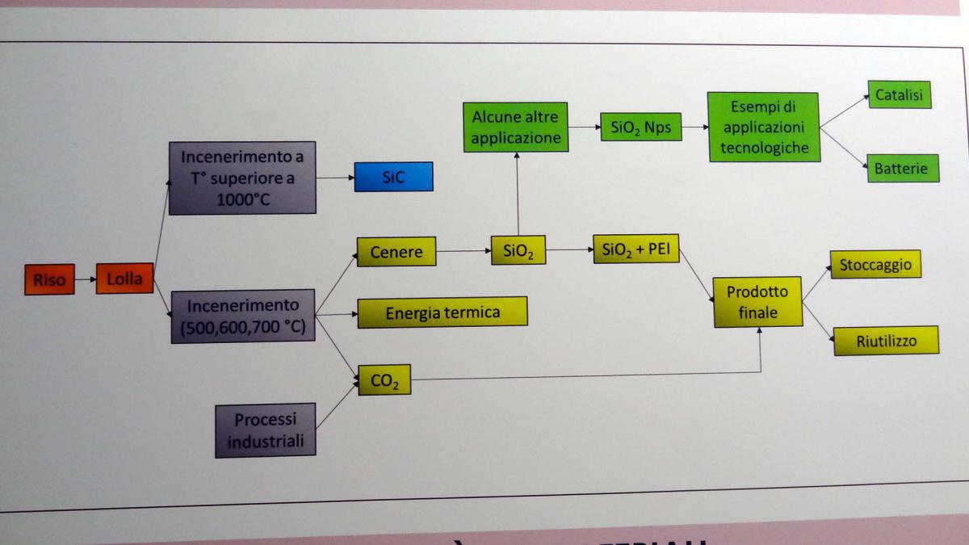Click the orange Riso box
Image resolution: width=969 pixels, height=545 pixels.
pos(49,280)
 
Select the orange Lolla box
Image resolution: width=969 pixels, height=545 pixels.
pos(124,279)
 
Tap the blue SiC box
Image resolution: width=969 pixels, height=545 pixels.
pos(393,177)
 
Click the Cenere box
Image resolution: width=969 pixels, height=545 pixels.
pos(396,251)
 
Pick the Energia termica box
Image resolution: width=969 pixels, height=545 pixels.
pos(442,312)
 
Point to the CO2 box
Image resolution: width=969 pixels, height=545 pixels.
pos(384,379)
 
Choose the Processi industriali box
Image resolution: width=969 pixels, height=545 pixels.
pos(265,430)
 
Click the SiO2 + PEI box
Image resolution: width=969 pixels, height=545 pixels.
pos(636,249)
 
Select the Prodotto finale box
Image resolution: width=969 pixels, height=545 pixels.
pos(757,302)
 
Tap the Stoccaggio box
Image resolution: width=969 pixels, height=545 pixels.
pos(875,264)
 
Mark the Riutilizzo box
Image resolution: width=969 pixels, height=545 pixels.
pos(886,340)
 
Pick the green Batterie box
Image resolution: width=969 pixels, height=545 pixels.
pos(902,168)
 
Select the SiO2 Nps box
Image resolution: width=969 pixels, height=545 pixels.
pos(641,127)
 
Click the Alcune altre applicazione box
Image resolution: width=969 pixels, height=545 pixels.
pos(515,128)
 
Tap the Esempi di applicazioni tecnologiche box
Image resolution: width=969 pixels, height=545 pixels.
pos(763,127)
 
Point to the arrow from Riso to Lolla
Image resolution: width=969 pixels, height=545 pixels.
pos(85,280)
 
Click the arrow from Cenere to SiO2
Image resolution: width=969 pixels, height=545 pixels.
pos(464,251)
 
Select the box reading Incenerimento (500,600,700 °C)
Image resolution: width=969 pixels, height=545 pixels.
pos(242,316)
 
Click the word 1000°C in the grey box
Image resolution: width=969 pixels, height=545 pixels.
pos(241,200)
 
